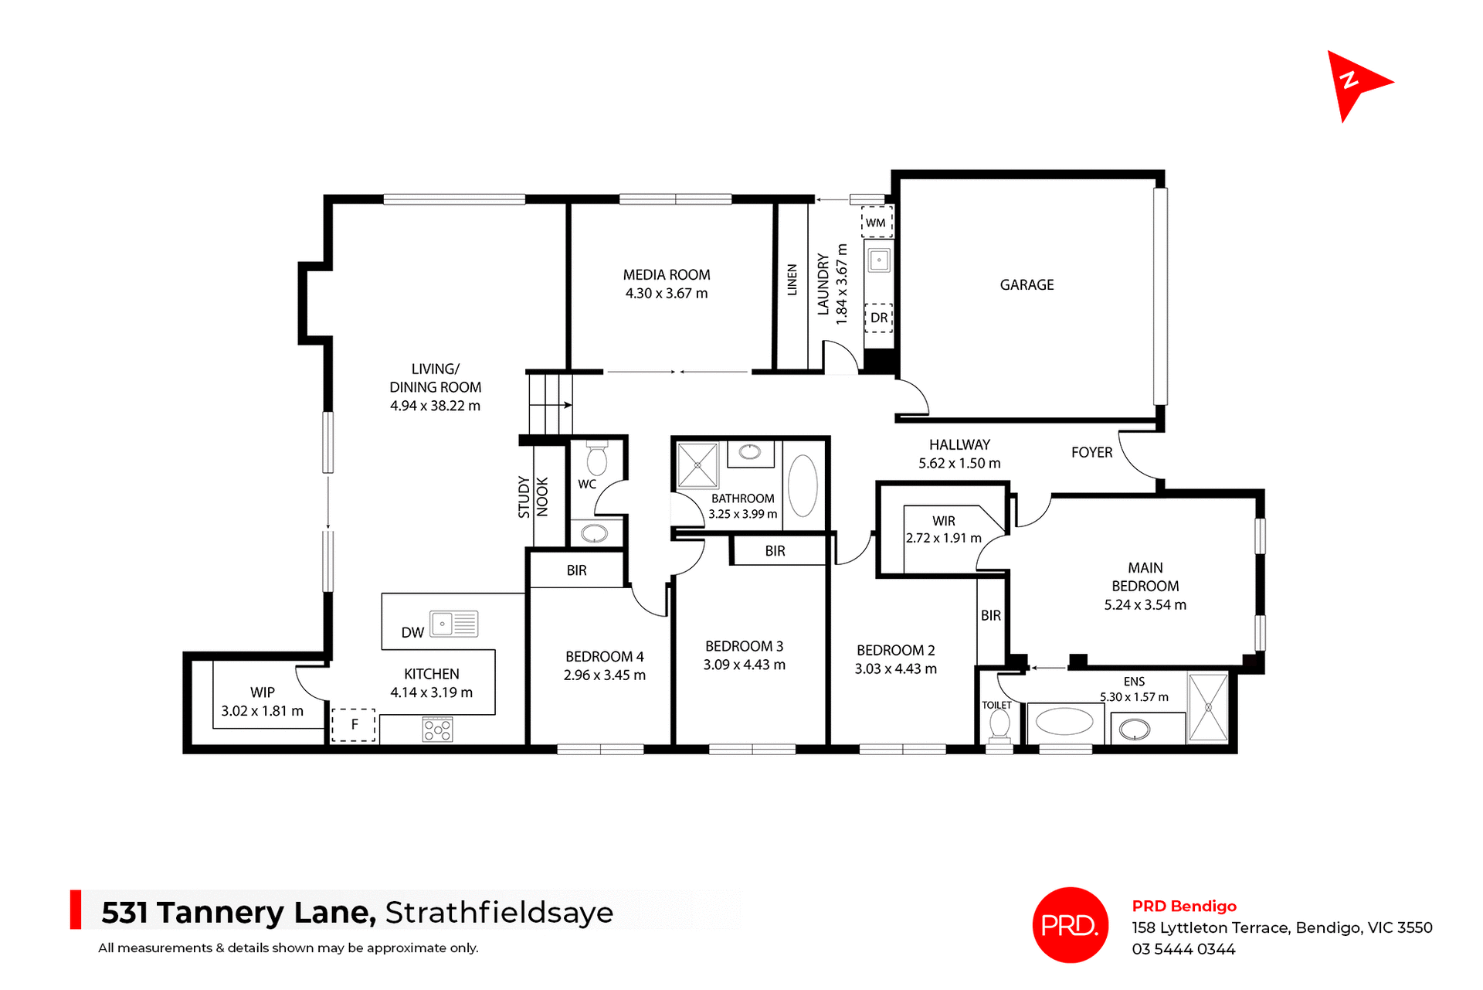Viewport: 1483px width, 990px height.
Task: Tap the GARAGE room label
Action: coord(1027,285)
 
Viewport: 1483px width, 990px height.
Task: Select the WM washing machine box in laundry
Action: coord(876,223)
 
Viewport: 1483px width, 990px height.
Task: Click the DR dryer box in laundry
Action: coord(878,318)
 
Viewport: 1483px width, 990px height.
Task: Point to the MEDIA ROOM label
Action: coord(666,275)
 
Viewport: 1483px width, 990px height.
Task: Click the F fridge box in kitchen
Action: coord(354,724)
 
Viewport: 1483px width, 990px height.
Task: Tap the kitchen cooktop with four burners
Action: coord(437,730)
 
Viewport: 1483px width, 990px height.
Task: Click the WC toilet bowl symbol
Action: coord(596,459)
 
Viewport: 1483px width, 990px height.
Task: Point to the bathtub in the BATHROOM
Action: coord(803,485)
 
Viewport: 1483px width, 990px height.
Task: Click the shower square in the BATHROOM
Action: coord(697,465)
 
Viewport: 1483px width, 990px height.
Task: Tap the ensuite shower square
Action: coord(1208,707)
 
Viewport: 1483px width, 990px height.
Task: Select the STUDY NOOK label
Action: coord(533,497)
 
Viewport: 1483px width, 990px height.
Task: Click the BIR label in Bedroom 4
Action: coord(576,570)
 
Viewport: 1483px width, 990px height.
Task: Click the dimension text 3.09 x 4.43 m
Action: coord(744,665)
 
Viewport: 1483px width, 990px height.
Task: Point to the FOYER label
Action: coord(1091,453)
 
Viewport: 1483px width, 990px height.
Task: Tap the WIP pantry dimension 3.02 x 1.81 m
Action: coord(262,711)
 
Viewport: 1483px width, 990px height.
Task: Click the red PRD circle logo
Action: coord(1070,925)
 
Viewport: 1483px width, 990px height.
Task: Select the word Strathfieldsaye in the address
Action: coord(499,913)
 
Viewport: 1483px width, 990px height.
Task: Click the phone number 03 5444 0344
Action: coord(1183,949)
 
